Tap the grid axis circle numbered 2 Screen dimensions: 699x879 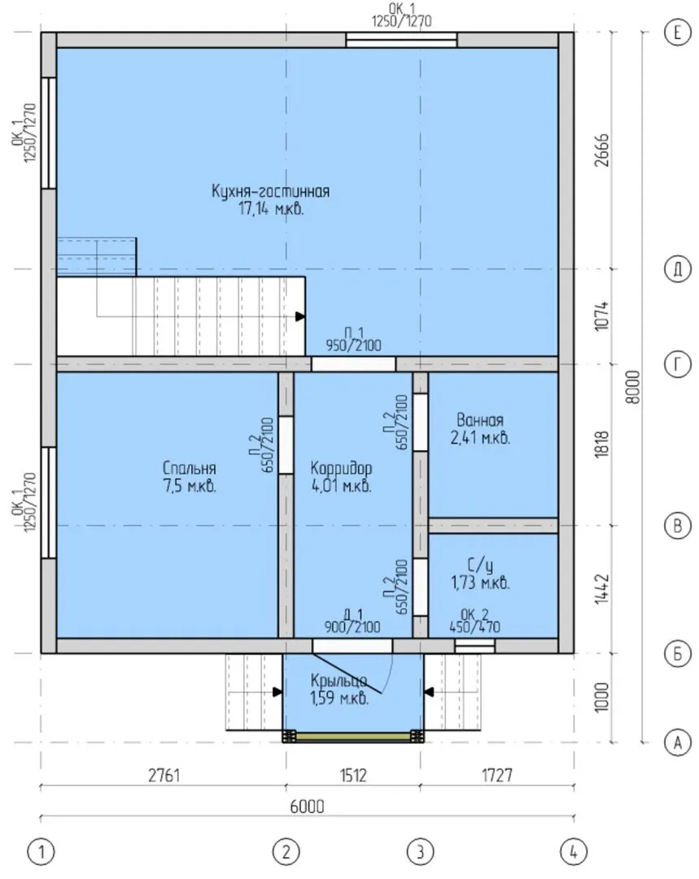click(286, 852)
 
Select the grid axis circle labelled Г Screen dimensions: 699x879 click(677, 365)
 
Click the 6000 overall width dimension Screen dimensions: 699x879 click(307, 806)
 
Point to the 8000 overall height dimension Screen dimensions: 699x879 click(632, 387)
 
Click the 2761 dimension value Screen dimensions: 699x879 click(164, 775)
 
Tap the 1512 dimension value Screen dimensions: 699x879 click(353, 775)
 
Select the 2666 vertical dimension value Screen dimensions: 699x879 click(601, 150)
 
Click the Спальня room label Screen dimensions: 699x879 click(189, 468)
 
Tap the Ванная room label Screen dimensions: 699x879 click(480, 420)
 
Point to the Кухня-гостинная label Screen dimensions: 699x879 click(270, 190)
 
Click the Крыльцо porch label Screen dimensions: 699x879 click(339, 680)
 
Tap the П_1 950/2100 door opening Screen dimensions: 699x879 click(354, 365)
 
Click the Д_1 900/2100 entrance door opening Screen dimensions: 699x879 click(352, 645)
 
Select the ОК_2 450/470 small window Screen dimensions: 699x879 click(474, 645)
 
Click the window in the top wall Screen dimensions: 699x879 click(401, 40)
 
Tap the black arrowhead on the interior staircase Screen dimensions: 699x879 click(300, 317)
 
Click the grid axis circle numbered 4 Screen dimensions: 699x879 click(573, 852)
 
